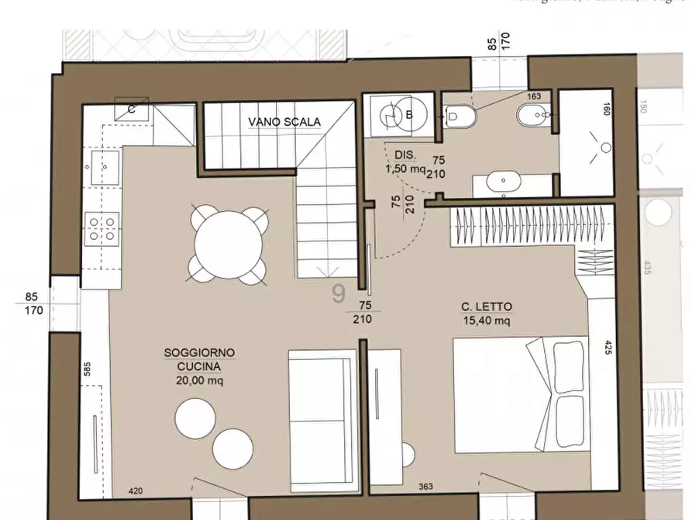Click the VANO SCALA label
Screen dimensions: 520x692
[x=284, y=122]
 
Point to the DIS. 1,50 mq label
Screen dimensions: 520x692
[x=405, y=161]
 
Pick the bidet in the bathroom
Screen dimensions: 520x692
[x=533, y=117]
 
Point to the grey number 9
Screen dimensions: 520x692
[x=338, y=293]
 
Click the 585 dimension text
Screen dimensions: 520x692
[x=86, y=369]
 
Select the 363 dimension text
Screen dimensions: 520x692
[x=425, y=486]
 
